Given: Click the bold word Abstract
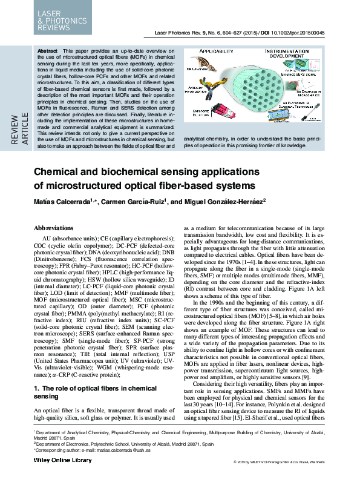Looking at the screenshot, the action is point(47,50).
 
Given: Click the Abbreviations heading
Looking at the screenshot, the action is point(54,227).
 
